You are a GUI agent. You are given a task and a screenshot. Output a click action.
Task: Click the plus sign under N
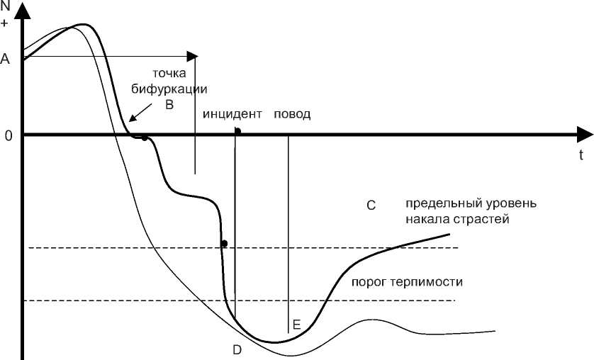[x=6, y=22]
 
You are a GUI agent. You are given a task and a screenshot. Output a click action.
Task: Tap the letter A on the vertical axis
[x=6, y=60]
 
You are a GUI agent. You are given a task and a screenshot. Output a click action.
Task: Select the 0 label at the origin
[x=9, y=135]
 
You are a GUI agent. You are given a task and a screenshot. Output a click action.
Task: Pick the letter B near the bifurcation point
[x=169, y=104]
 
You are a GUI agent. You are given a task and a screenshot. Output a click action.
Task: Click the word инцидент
[x=232, y=114]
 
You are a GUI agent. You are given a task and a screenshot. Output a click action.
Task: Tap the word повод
[x=292, y=114]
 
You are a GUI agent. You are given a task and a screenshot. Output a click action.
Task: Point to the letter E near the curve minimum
[x=296, y=325]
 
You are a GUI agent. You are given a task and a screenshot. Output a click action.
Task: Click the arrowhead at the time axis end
[x=584, y=135]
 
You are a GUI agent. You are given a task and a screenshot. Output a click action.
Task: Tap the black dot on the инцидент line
[x=237, y=131]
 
